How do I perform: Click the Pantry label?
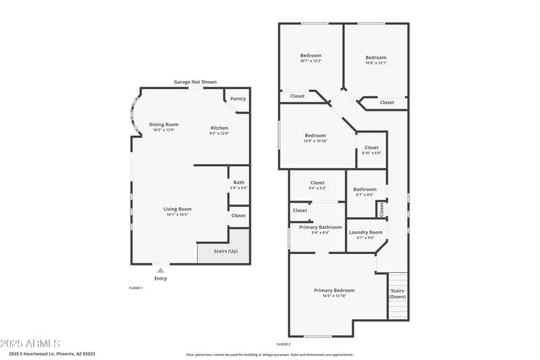pyautogui.click(x=238, y=99)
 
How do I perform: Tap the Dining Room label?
pyautogui.click(x=163, y=124)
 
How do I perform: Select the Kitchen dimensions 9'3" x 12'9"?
pyautogui.click(x=219, y=134)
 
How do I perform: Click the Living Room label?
pyautogui.click(x=178, y=209)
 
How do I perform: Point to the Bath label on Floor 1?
pyautogui.click(x=239, y=182)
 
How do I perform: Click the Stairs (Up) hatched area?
pyautogui.click(x=223, y=252)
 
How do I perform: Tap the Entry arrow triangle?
pyautogui.click(x=161, y=270)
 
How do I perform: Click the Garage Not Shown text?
pyautogui.click(x=195, y=82)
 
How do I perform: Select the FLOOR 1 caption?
pyautogui.click(x=136, y=288)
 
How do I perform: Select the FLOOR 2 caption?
pyautogui.click(x=283, y=344)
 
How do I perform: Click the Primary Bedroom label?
pyautogui.click(x=334, y=290)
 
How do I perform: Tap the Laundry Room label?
pyautogui.click(x=365, y=232)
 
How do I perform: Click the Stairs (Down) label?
pyautogui.click(x=398, y=294)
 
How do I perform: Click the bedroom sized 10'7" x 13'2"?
pyautogui.click(x=310, y=58)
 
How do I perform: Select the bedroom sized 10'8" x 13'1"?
pyautogui.click(x=376, y=60)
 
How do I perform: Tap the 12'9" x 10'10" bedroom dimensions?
pyautogui.click(x=315, y=141)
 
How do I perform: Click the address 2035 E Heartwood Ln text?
pyautogui.click(x=52, y=353)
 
